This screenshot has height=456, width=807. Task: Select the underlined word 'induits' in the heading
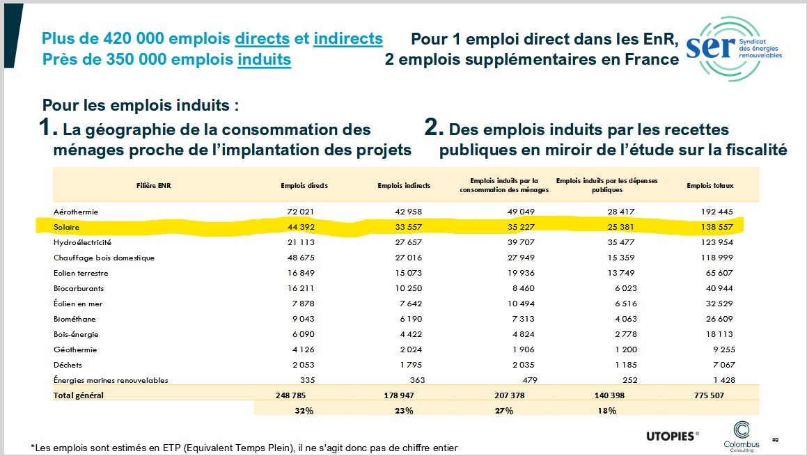(264, 59)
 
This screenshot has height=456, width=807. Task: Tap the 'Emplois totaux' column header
(710, 186)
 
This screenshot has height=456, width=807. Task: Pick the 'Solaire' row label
(67, 227)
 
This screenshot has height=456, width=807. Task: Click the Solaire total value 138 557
(715, 227)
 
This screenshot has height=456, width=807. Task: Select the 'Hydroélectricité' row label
(82, 242)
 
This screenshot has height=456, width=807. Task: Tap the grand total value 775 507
(715, 395)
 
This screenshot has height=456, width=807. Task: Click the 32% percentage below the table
(304, 411)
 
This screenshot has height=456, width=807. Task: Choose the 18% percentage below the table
(606, 411)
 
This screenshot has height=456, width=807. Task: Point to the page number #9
(775, 439)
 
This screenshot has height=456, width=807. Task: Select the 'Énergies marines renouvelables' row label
(111, 380)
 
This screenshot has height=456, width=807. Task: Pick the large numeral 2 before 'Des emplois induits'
(434, 128)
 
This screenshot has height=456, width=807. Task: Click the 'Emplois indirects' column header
(404, 186)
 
